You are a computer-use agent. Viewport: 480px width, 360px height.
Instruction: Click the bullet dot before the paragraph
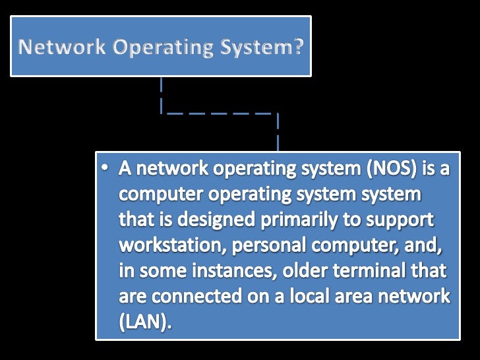pos(106,170)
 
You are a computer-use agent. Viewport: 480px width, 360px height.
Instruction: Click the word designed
pos(204,220)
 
